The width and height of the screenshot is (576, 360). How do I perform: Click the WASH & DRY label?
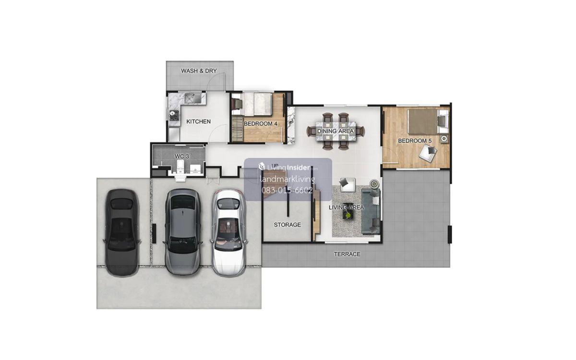tap(199, 71)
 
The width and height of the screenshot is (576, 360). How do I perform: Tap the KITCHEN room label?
tap(198, 121)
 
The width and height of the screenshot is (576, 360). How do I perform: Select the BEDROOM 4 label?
tap(261, 124)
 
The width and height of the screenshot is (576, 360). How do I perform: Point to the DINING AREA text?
tap(336, 131)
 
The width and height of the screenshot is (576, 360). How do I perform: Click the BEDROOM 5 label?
tap(415, 141)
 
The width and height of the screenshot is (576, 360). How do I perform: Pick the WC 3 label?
tap(182, 156)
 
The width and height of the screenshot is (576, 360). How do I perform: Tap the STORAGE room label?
tap(287, 225)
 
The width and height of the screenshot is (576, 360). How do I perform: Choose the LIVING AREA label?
tap(347, 207)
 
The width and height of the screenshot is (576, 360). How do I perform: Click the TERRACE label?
tap(347, 254)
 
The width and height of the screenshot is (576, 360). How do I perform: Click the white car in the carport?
tap(228, 233)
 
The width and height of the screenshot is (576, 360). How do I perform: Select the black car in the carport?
tap(122, 233)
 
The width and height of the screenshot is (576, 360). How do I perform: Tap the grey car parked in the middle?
tap(183, 231)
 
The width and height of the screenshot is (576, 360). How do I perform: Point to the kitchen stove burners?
tap(174, 115)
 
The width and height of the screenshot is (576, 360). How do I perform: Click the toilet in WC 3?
tap(180, 167)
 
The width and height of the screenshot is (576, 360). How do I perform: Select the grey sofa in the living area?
tap(371, 211)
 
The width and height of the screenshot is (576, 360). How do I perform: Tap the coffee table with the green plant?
tap(348, 215)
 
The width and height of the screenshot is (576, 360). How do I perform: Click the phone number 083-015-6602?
tap(287, 190)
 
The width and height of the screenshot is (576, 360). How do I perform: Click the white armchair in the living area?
tap(348, 185)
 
